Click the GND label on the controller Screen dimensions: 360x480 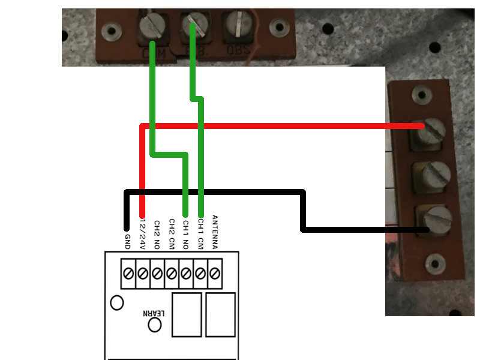click(x=127, y=241)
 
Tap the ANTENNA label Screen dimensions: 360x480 click(x=215, y=231)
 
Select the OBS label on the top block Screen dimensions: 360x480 click(x=238, y=51)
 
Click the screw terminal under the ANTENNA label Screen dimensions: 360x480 click(x=215, y=274)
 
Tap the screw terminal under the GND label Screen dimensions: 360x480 click(x=128, y=274)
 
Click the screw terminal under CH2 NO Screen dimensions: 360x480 click(x=157, y=274)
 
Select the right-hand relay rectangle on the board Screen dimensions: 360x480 click(x=220, y=315)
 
